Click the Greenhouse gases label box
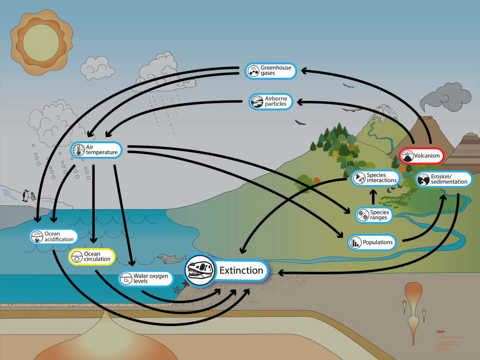click(271, 71)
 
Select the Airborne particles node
click(271, 102)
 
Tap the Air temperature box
click(96, 150)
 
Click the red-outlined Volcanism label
click(421, 156)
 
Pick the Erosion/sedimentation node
click(444, 179)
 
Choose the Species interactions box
click(375, 178)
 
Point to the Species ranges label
click(374, 215)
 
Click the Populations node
click(372, 242)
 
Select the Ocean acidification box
click(54, 236)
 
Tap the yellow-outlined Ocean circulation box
click(92, 257)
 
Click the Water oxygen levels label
click(146, 278)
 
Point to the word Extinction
click(241, 270)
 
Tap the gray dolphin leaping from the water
click(169, 259)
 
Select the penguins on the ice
click(28, 195)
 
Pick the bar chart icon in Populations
click(355, 242)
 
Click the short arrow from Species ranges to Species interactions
click(374, 197)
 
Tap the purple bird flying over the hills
click(300, 122)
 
